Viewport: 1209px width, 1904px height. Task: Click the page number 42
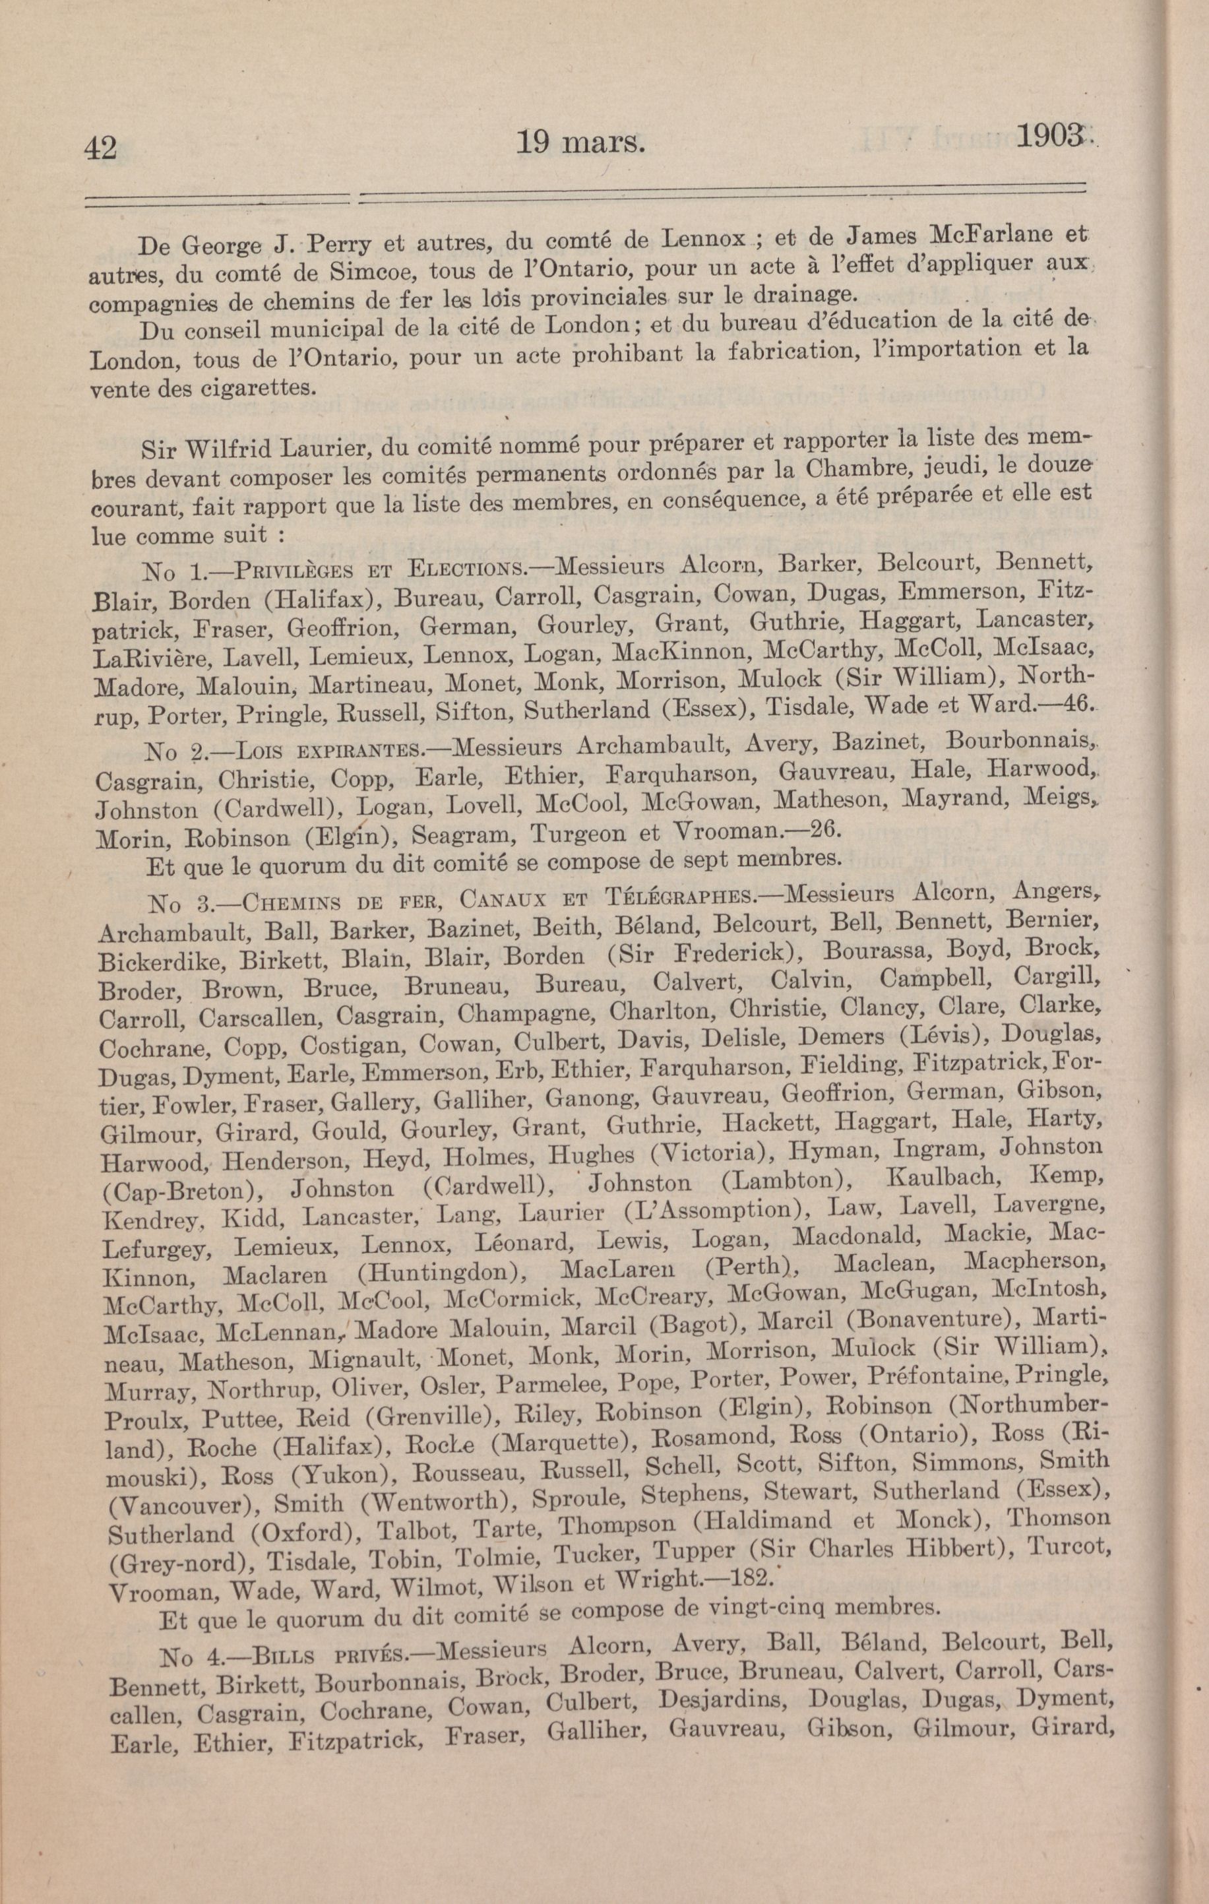coord(100,148)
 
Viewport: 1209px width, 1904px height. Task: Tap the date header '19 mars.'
coord(580,143)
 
